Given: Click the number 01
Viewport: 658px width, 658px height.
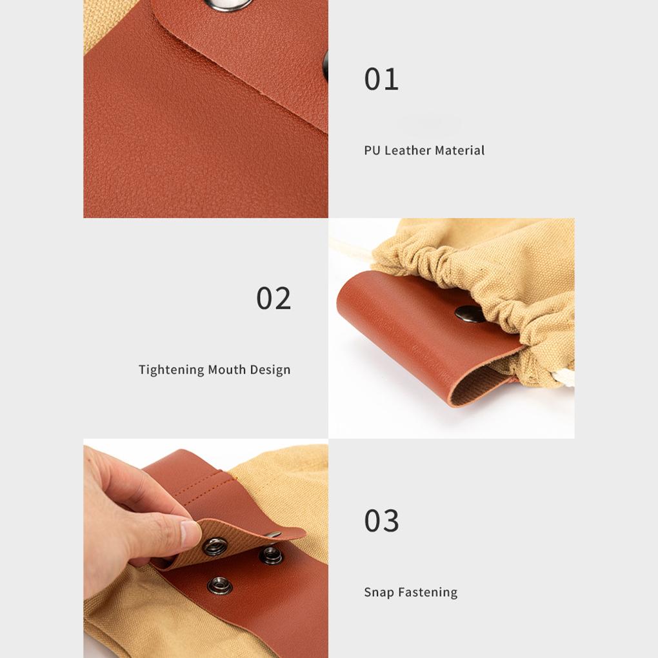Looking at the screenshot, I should (x=381, y=79).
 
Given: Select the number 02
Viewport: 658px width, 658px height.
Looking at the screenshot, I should (x=274, y=299).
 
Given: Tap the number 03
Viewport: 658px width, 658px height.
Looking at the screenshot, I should (x=381, y=521).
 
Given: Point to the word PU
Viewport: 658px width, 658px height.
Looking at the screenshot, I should (x=372, y=150).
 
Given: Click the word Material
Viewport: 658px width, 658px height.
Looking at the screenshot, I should (x=459, y=150).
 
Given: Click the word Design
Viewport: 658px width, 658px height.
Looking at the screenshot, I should (x=270, y=370).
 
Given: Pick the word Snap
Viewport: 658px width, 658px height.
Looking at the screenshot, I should (x=379, y=592).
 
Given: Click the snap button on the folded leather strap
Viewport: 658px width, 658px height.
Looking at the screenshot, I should (x=470, y=314).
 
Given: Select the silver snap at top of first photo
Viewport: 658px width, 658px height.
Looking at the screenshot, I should (x=228, y=5).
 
